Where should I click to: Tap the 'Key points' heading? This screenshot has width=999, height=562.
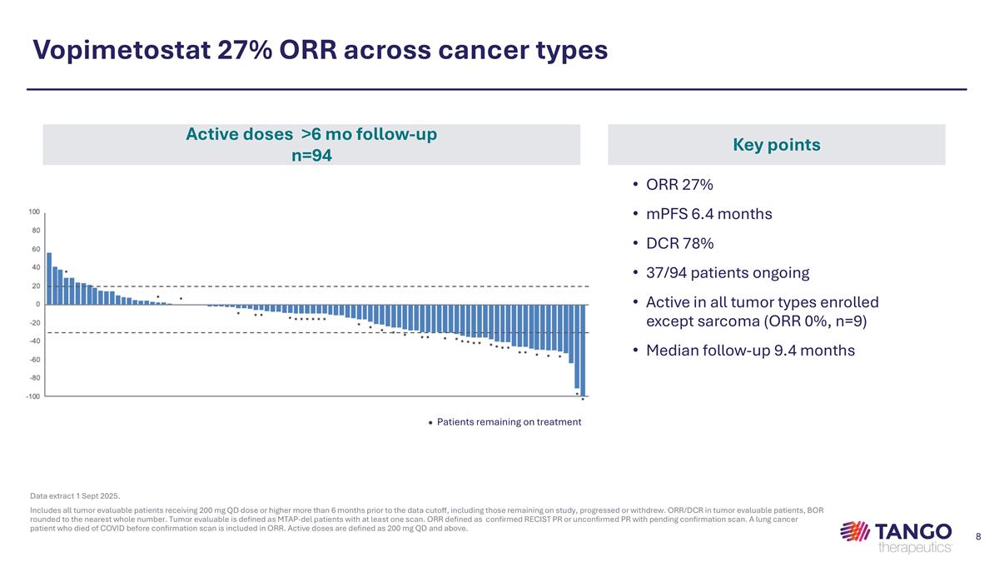click(776, 145)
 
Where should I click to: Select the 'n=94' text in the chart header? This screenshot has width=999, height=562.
click(311, 154)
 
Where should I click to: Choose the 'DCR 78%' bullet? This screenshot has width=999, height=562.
click(679, 243)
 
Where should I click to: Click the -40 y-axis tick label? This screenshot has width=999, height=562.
click(36, 341)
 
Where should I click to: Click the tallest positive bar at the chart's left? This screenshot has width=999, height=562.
click(49, 278)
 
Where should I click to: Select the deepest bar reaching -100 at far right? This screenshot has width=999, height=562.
click(583, 350)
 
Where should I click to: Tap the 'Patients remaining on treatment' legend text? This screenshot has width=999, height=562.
click(509, 422)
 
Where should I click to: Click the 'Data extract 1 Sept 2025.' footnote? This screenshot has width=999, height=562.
click(75, 496)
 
